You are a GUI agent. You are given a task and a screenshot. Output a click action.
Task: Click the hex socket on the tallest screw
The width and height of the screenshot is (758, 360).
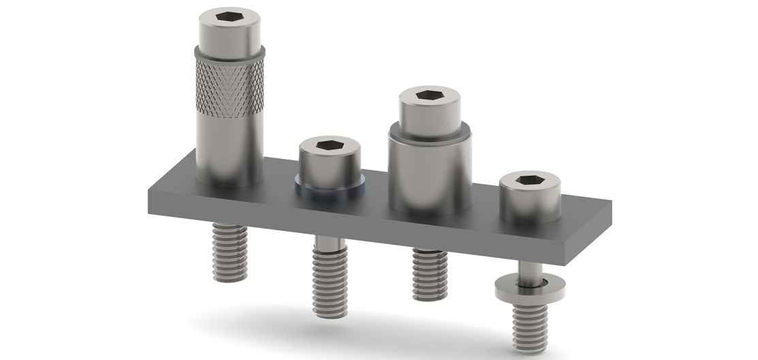[x=230, y=16]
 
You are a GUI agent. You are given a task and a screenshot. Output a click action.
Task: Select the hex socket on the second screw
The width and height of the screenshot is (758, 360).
[x=329, y=145]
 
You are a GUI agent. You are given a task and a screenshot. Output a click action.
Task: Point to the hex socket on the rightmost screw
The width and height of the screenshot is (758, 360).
[x=529, y=180]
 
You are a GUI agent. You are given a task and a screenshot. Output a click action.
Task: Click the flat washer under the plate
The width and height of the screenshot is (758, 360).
[x=529, y=287]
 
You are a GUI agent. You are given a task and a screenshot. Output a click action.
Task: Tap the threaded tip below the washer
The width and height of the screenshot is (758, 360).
[x=529, y=323]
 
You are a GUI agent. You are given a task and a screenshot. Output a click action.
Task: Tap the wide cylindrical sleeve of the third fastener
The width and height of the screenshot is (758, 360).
[x=430, y=170]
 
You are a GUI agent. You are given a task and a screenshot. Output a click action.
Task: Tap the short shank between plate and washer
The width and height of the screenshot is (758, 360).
[x=528, y=271]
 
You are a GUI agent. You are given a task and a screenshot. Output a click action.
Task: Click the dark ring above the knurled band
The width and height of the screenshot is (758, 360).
[x=230, y=53]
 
